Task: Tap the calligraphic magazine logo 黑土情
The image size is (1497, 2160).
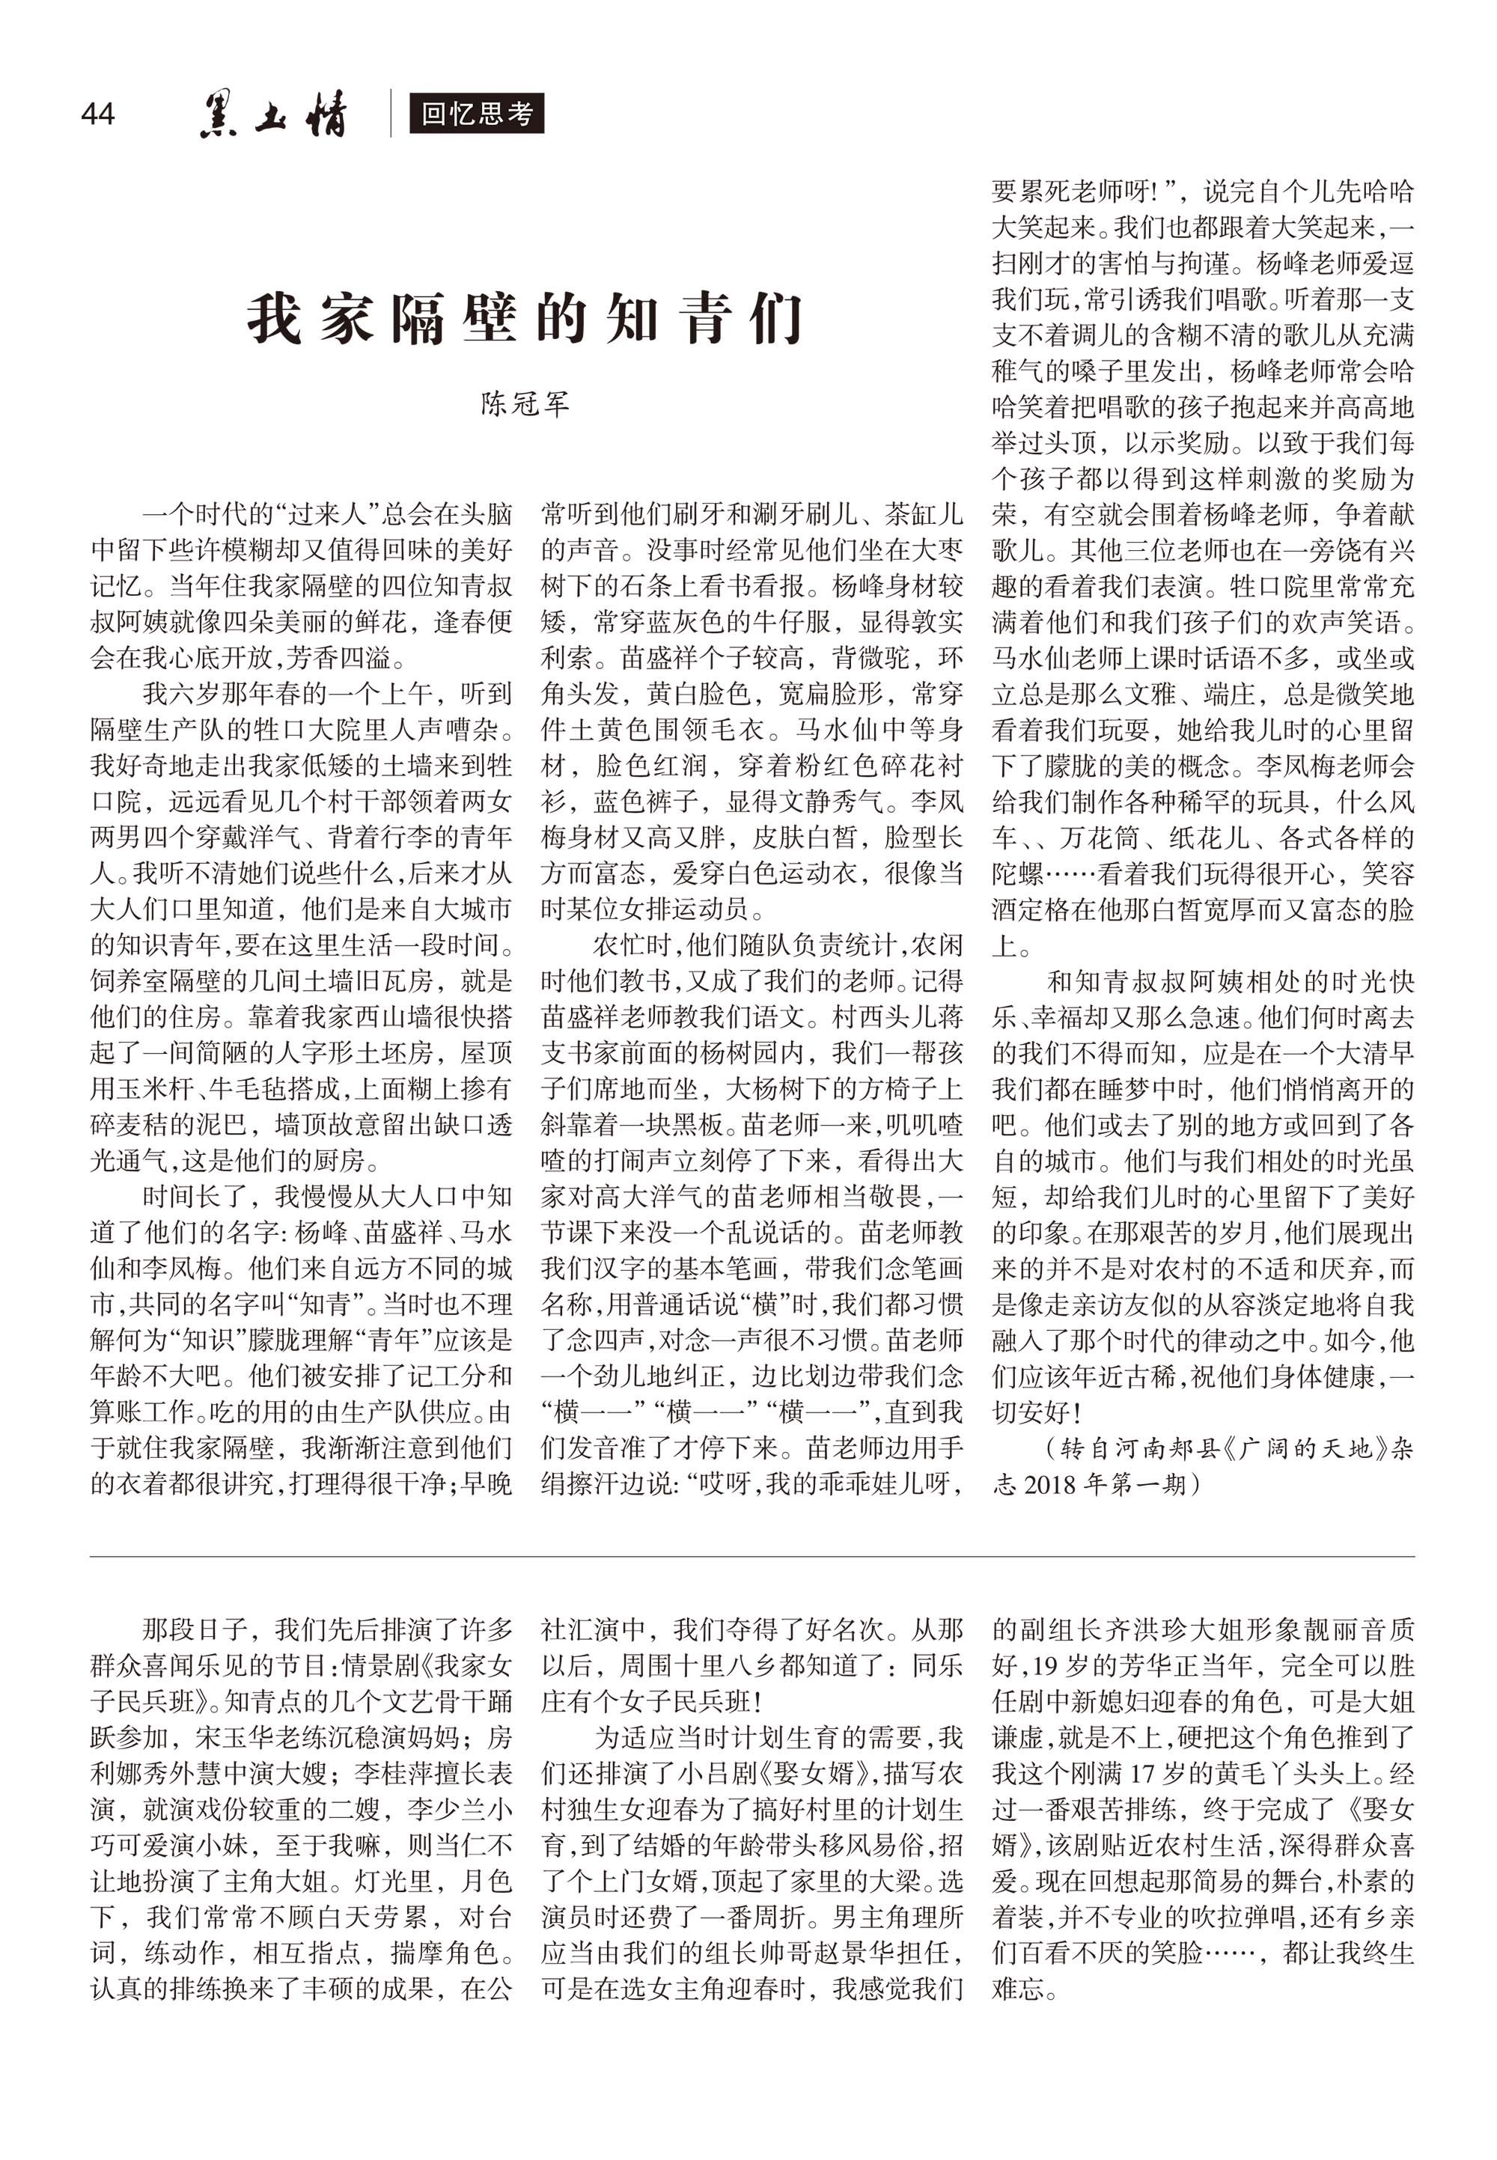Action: pyautogui.click(x=273, y=115)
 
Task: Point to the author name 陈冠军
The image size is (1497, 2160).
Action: pyautogui.click(x=525, y=404)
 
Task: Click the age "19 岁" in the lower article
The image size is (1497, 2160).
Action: pyautogui.click(x=1051, y=1666)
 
